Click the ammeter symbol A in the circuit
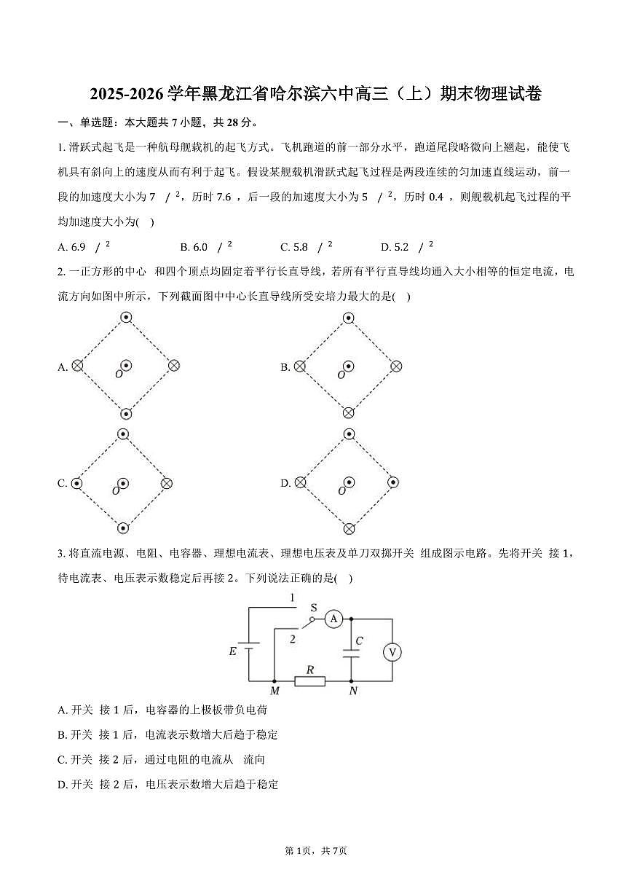pos(333,619)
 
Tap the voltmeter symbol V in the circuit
pos(392,651)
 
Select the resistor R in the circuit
pos(310,681)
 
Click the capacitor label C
pos(360,642)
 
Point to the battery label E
pos(233,651)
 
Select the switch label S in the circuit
pos(314,607)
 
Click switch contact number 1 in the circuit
pos(292,598)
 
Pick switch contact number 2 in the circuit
pos(292,639)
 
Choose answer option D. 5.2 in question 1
pos(408,246)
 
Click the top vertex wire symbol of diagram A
pos(126,317)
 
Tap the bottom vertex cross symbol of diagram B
pos(349,413)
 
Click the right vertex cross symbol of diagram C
pos(167,482)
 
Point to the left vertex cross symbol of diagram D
pos(300,482)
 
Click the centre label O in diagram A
pos(118,375)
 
